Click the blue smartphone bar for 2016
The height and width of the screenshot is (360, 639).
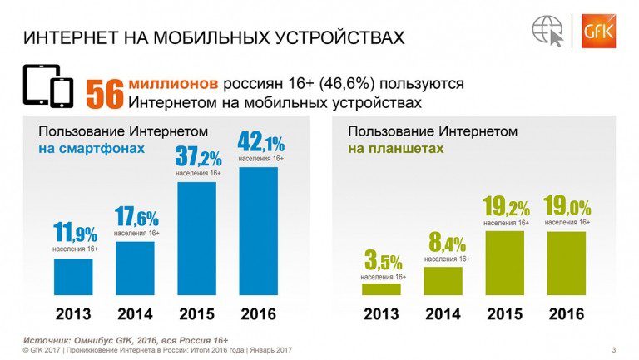tap(259, 231)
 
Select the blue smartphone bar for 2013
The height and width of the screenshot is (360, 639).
tap(73, 277)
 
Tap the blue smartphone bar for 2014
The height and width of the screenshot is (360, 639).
tap(135, 268)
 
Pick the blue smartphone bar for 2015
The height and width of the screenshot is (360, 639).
tap(196, 239)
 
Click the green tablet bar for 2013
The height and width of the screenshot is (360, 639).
tap(381, 289)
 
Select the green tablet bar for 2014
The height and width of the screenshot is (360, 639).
tap(443, 281)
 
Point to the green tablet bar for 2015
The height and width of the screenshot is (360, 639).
tap(504, 263)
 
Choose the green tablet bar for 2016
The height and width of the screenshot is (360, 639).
tap(566, 263)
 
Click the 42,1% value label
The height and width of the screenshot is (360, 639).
tap(260, 142)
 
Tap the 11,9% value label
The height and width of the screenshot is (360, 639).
tap(75, 234)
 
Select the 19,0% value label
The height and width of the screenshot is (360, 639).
tap(567, 207)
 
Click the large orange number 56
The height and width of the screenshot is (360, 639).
tap(105, 93)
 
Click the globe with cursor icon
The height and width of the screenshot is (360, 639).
tap(548, 31)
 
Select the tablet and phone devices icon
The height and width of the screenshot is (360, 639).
tap(48, 86)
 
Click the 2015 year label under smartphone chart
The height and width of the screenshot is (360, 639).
tap(196, 315)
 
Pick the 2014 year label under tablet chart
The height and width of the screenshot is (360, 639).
tap(443, 315)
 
